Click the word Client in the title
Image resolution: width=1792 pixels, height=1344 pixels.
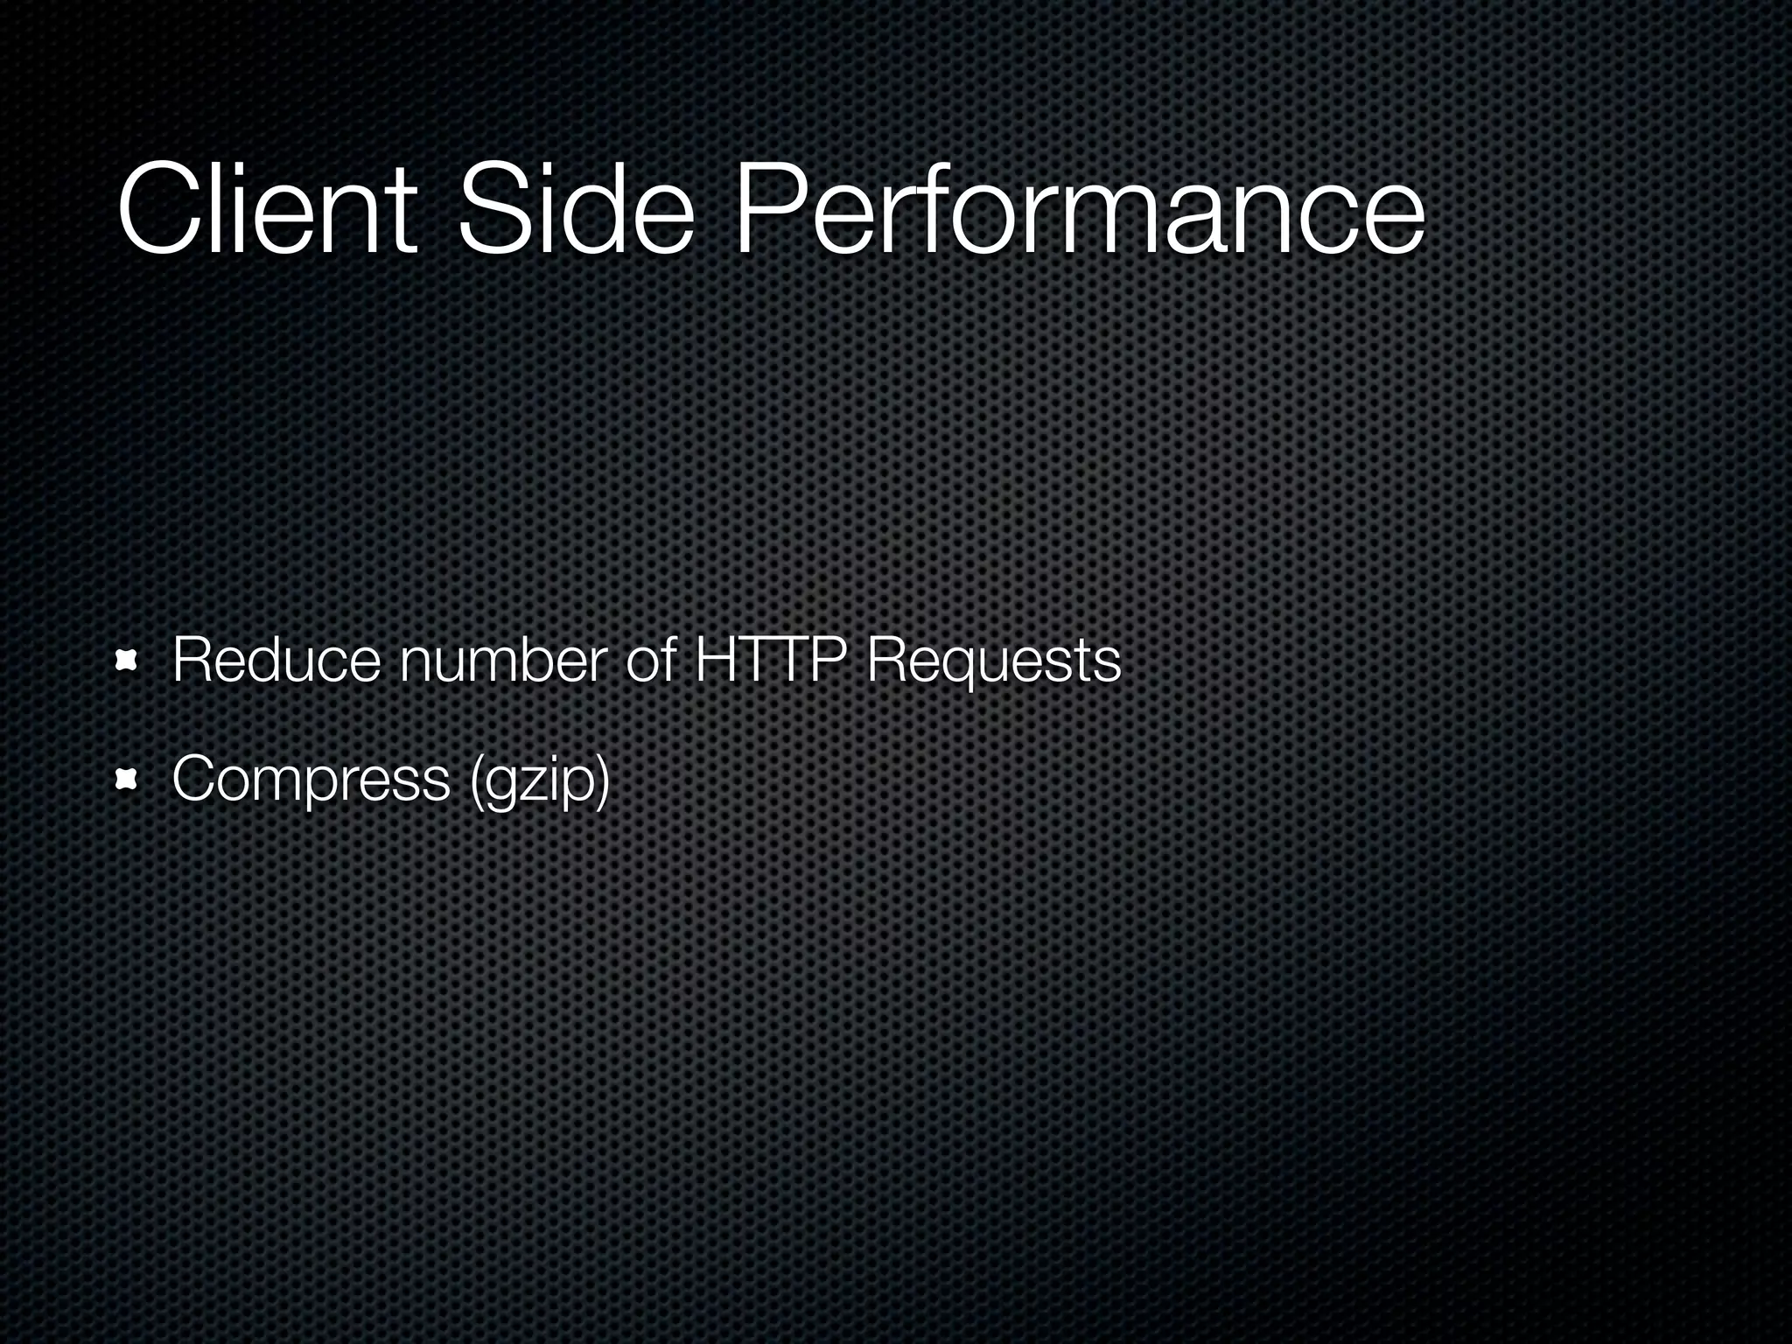266,210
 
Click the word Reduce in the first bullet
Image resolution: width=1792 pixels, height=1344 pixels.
276,661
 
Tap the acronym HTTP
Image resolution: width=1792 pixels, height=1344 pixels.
772,661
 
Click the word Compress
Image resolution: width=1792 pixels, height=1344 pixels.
311,780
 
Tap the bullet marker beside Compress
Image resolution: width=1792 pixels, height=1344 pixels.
129,779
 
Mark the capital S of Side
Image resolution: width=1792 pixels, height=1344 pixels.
488,210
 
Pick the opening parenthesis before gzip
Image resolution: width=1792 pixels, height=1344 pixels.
476,780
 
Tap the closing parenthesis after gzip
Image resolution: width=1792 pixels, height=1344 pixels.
602,780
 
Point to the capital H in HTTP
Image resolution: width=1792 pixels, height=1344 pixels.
714,661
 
